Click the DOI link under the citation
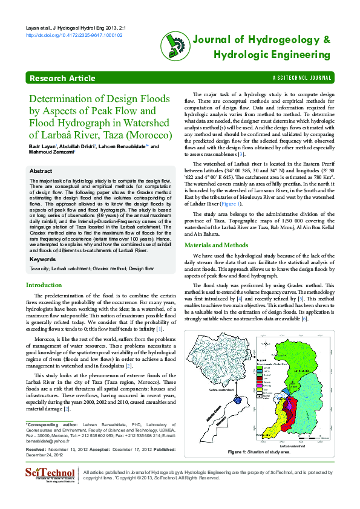pos(74,36)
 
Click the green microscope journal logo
pos(173,46)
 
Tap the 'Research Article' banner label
pos(62,79)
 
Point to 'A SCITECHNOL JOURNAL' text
pos(303,79)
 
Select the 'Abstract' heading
pos(41,171)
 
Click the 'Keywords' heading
pos(43,259)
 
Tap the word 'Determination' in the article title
pos(64,99)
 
